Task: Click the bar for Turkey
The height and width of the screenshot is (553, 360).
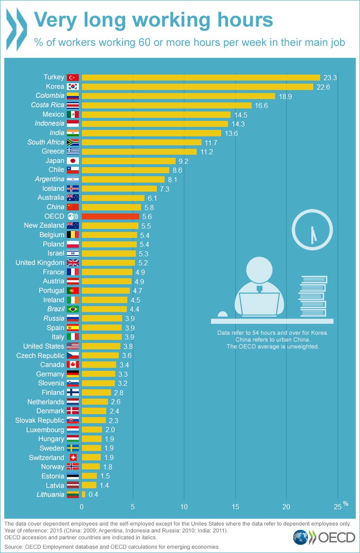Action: (x=201, y=77)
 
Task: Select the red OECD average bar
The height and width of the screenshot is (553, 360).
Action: (x=110, y=216)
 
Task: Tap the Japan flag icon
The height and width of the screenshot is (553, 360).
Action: (x=73, y=161)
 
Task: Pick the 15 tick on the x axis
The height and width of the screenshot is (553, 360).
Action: (x=236, y=507)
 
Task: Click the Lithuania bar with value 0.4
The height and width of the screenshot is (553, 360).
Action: (x=83, y=494)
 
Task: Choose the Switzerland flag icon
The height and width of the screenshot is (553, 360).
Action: (x=73, y=458)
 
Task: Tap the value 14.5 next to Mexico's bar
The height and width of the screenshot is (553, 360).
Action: (x=241, y=114)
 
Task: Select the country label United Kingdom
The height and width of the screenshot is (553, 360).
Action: (x=40, y=262)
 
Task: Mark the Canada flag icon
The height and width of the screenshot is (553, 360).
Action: (x=73, y=364)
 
